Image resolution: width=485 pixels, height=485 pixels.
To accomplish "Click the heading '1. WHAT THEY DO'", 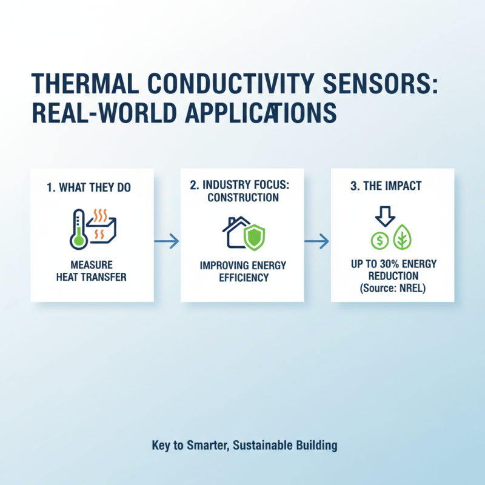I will click(x=89, y=188).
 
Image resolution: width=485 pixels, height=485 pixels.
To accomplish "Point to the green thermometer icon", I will click(x=78, y=231).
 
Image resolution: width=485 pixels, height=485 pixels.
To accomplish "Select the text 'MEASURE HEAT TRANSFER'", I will click(x=92, y=272).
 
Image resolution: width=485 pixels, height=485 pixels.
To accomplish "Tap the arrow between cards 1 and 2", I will click(x=167, y=242).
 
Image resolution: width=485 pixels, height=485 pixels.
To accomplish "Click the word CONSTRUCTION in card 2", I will click(x=242, y=198).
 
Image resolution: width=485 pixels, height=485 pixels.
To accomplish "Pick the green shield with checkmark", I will click(x=253, y=236).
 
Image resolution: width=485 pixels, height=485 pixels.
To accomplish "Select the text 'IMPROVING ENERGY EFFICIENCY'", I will click(x=242, y=272).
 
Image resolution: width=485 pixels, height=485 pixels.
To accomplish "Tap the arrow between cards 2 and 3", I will click(x=316, y=242).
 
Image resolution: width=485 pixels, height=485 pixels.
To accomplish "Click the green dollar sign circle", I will click(x=380, y=240).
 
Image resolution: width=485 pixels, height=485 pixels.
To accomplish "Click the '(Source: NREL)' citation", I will click(x=392, y=288).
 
